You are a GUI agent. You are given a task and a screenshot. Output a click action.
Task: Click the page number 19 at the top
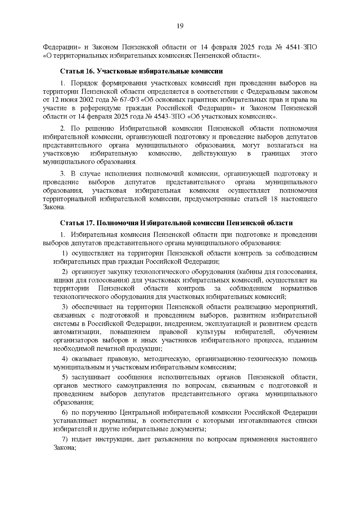[x=180, y=26]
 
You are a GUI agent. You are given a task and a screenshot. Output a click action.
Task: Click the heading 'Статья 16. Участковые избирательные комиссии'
[x=142, y=71]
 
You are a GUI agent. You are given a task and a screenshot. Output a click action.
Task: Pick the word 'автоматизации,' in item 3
[x=76, y=332]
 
